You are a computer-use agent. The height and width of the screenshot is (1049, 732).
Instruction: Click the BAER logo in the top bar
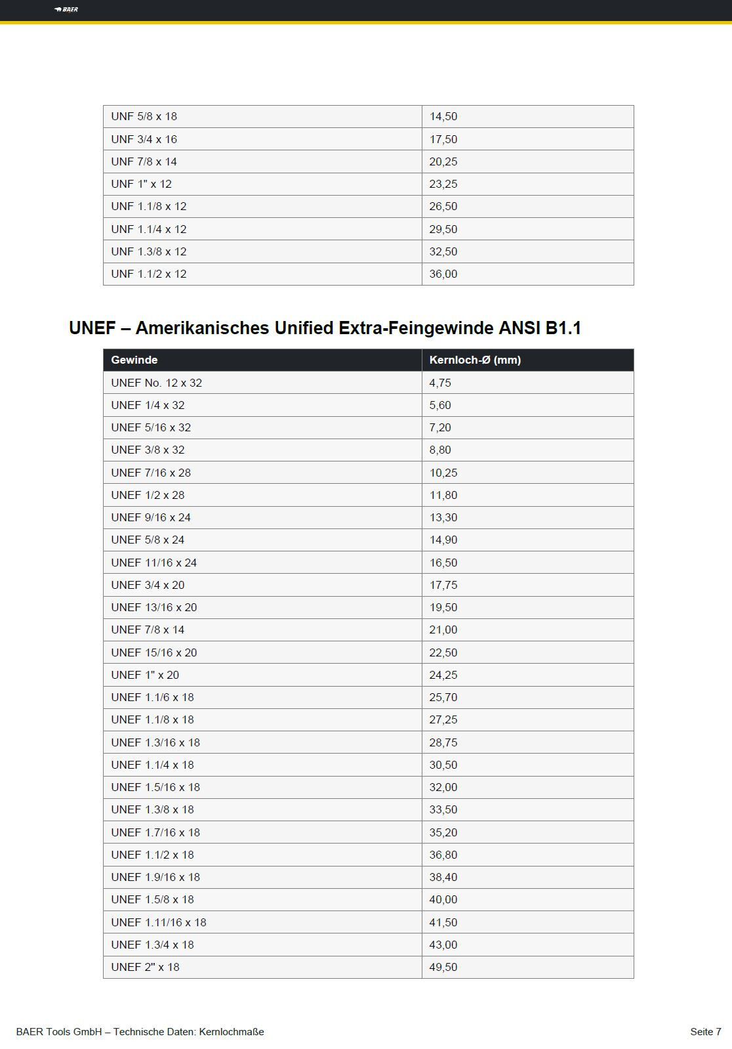coord(66,9)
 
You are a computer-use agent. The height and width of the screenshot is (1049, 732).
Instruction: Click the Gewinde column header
coord(134,360)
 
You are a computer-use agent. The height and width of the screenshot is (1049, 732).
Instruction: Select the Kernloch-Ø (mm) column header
coord(475,360)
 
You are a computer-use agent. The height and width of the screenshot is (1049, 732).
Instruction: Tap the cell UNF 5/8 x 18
coord(144,116)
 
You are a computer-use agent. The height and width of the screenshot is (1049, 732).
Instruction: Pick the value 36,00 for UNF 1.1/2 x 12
coord(443,274)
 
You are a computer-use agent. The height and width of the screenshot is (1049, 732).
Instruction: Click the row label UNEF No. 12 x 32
coord(157,383)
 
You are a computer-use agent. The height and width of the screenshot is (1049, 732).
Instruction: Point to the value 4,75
coord(440,383)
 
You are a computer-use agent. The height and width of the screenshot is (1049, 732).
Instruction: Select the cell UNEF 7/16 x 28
coord(151,473)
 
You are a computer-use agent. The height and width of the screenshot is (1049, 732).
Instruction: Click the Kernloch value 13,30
coord(443,517)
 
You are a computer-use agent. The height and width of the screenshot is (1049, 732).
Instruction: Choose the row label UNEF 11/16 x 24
coord(154,563)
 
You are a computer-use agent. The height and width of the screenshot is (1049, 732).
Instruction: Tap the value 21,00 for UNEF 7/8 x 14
coord(443,630)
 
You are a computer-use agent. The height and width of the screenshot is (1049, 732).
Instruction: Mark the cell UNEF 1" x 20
coord(145,675)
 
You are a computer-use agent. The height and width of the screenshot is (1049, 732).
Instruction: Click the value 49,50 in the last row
coord(443,967)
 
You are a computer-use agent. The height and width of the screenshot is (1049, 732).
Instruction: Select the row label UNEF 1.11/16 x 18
coord(159,922)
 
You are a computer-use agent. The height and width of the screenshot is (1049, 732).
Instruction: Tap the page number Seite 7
coord(705,1032)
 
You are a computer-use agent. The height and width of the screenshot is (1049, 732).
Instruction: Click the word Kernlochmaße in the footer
coord(232,1032)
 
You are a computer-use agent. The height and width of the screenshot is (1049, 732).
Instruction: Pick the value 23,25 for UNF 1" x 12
coord(443,184)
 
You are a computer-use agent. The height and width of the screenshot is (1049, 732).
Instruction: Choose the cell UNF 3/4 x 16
coord(144,139)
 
